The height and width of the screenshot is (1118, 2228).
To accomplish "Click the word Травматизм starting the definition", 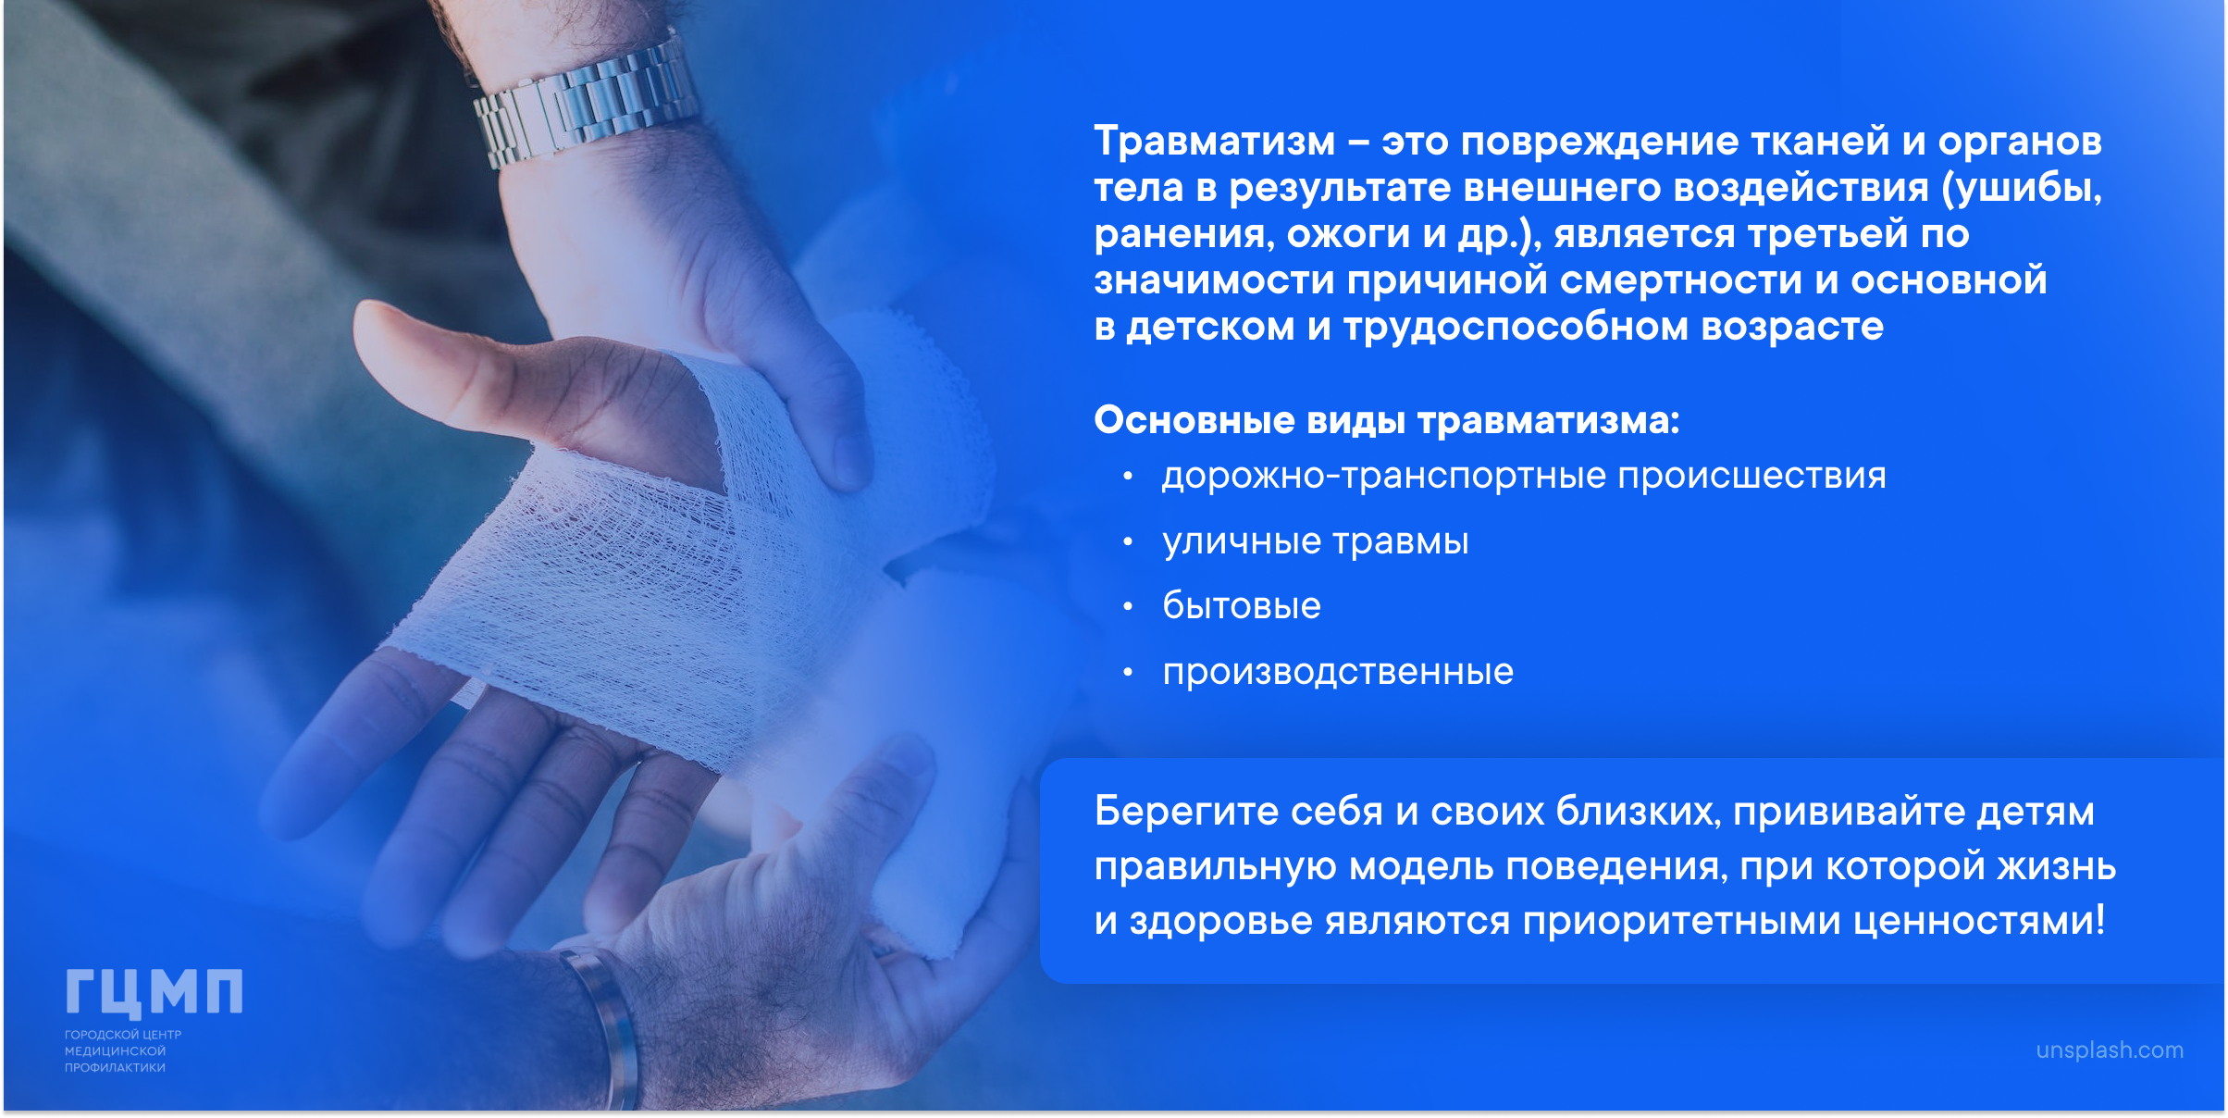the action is point(1215,142).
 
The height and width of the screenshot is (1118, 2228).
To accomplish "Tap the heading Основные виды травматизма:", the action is point(1386,420).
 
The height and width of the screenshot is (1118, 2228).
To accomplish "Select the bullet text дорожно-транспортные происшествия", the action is point(1524,477).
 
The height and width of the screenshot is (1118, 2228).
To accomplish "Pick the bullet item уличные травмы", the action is point(1316,541).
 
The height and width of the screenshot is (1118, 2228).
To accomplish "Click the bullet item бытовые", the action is point(1242,606).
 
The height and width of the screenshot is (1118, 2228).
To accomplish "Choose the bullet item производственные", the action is point(1338,672).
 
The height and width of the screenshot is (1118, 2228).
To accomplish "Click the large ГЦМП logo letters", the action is point(154,992).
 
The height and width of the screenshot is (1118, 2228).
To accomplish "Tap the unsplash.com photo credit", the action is point(2110,1050).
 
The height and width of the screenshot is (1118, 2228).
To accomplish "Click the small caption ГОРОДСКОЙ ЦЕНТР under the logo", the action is point(123,1035).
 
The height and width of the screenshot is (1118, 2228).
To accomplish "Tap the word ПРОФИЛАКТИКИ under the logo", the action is point(115,1068).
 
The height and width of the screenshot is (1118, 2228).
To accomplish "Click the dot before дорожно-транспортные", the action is point(1127,478).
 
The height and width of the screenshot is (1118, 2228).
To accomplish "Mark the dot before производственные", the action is point(1127,673).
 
